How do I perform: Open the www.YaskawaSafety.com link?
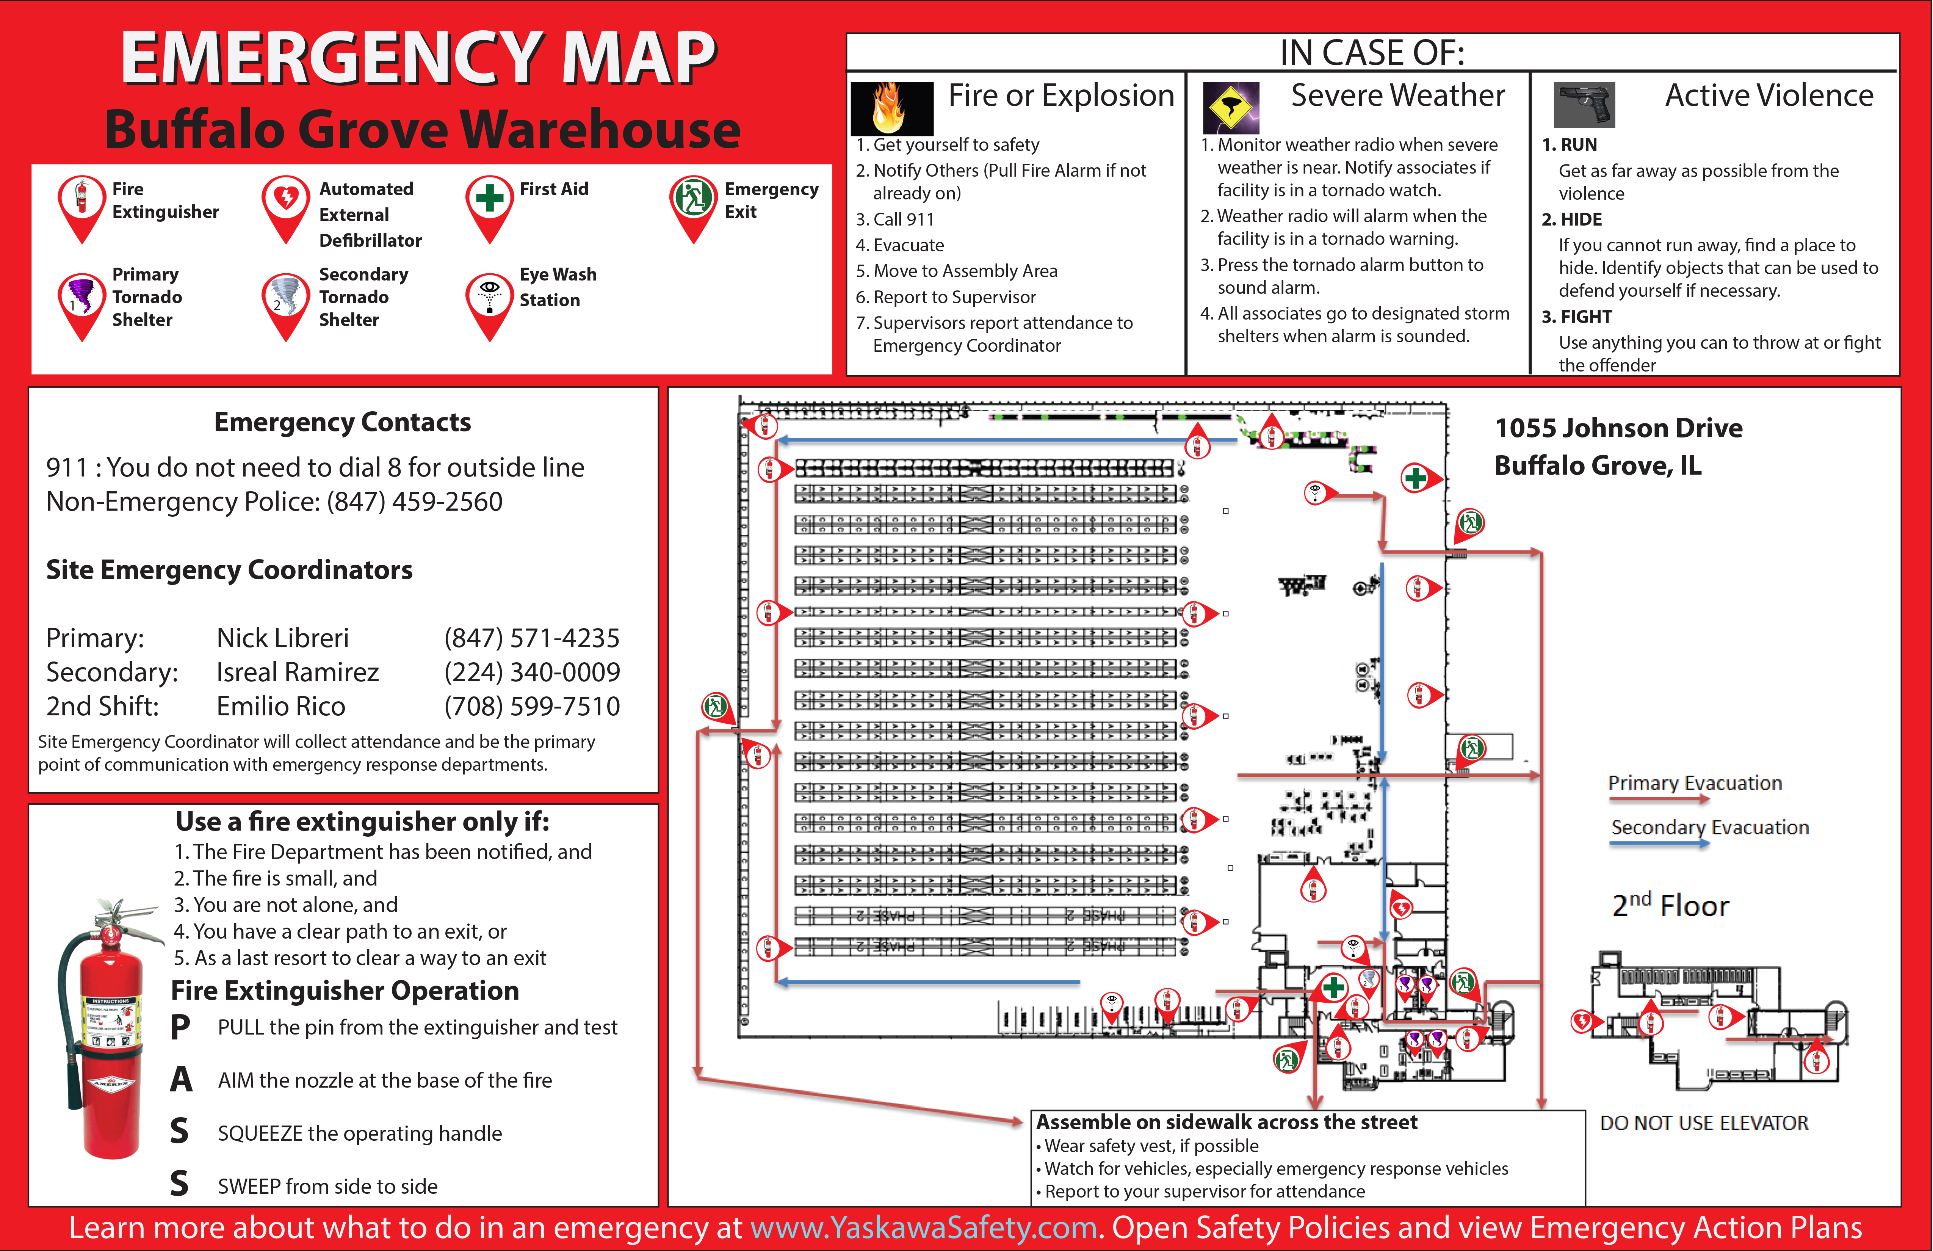pos(923,1227)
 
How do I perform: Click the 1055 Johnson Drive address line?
pos(1619,428)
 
